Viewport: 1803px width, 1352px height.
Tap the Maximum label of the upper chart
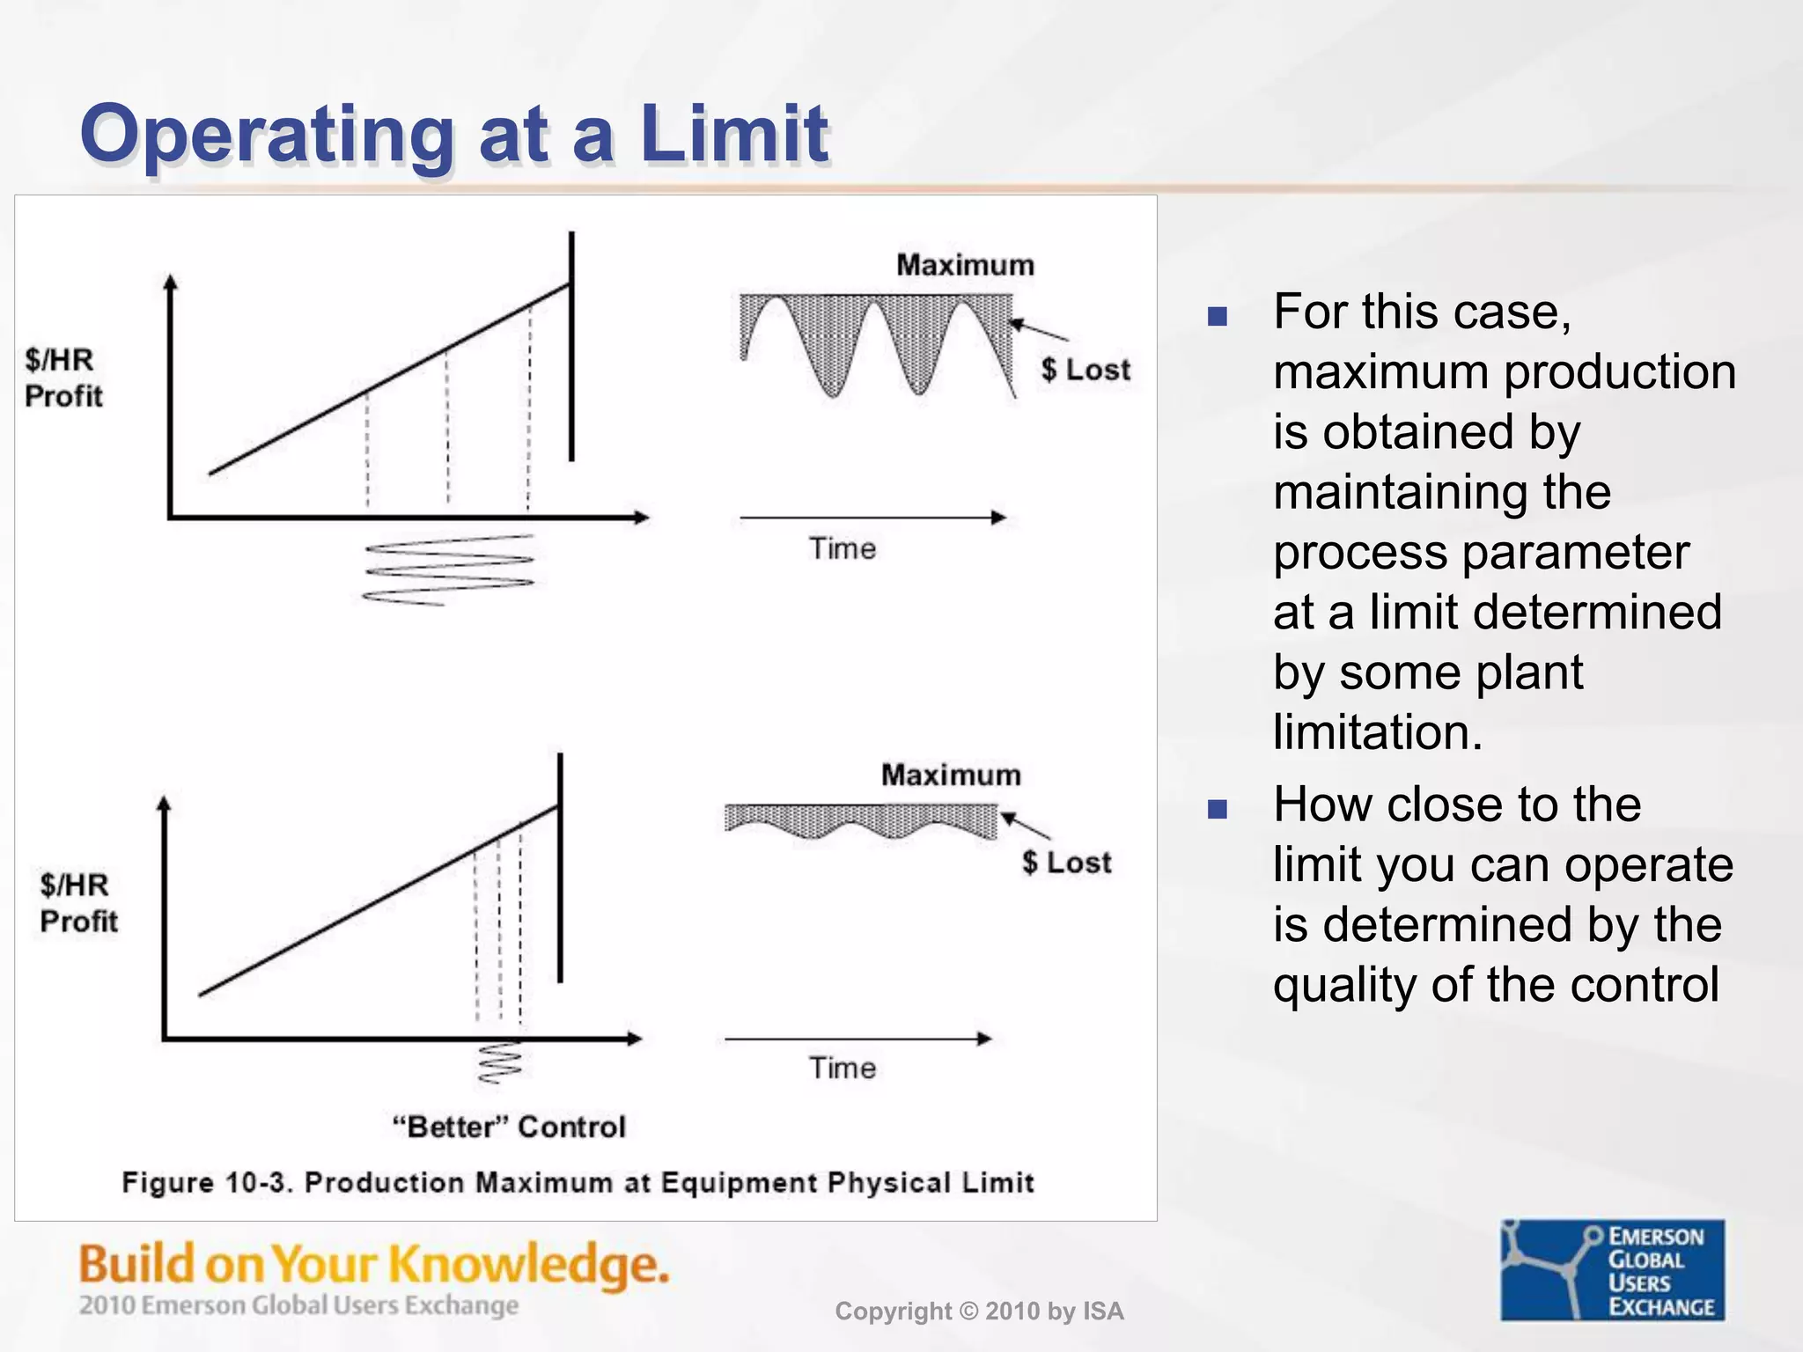tap(965, 265)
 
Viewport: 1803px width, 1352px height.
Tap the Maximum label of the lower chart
tap(951, 775)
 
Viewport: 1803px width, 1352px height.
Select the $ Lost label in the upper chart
tap(1085, 370)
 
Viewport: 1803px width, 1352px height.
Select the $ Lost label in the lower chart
tap(1066, 862)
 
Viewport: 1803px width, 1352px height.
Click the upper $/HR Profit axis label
tap(63, 378)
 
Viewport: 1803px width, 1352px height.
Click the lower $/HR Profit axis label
tap(77, 903)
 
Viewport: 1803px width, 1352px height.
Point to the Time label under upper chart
tap(843, 548)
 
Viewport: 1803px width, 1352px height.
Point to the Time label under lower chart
tap(843, 1068)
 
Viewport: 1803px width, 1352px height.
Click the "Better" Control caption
tap(509, 1127)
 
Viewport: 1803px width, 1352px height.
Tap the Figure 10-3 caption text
tap(578, 1182)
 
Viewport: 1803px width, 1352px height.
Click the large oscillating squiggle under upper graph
tap(448, 570)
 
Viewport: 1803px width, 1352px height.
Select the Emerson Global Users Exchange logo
tap(1612, 1270)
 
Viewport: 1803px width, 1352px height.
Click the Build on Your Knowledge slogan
tap(374, 1264)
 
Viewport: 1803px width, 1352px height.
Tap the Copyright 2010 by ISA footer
tap(979, 1312)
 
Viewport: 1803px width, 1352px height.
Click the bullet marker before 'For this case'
tap(1218, 316)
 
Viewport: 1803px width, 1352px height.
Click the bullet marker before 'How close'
tap(1218, 808)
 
